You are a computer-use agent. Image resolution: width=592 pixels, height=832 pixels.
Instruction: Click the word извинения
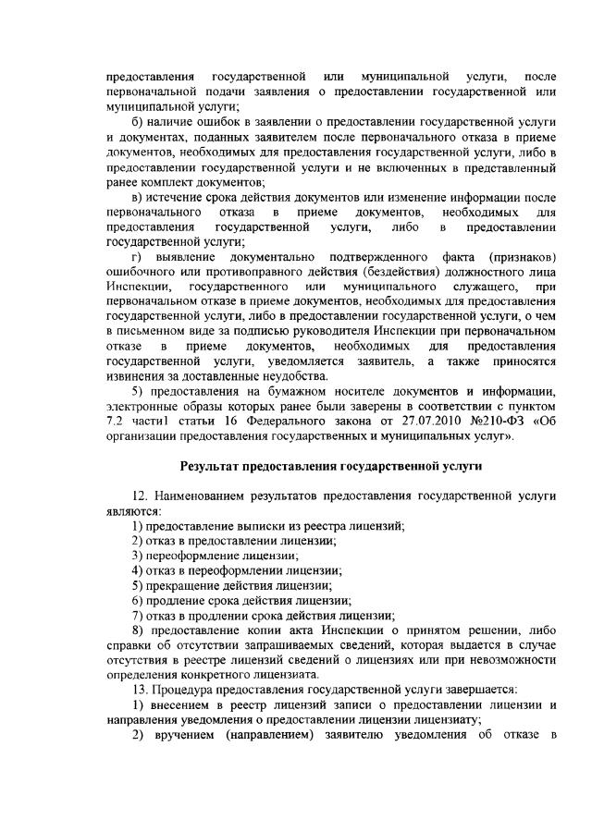[138, 377]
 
